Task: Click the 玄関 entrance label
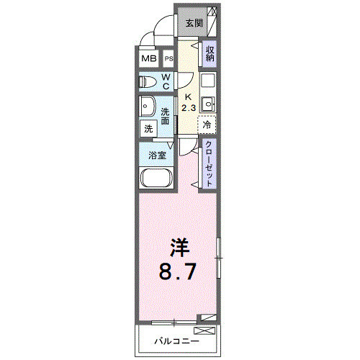(194, 23)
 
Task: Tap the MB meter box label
(148, 59)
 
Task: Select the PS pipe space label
(168, 60)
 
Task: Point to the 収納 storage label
(210, 54)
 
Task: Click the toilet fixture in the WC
(149, 81)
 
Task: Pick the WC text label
(166, 81)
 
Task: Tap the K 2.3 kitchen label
(187, 102)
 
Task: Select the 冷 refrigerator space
(207, 125)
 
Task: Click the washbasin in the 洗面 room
(148, 106)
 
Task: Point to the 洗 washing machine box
(148, 129)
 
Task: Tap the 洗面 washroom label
(166, 117)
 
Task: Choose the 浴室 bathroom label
(158, 156)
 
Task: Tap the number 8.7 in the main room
(177, 273)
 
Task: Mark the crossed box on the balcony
(205, 330)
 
